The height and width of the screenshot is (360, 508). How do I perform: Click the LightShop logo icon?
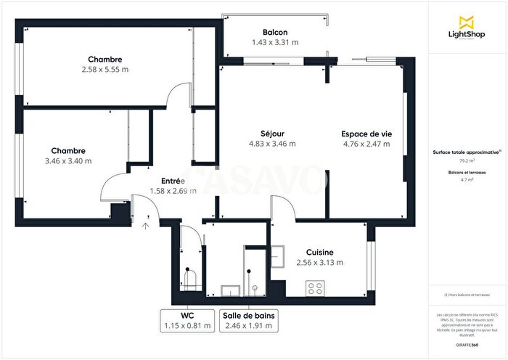[467, 22]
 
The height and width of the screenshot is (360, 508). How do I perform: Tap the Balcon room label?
[275, 32]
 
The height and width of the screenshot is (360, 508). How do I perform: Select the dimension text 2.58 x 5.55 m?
[105, 70]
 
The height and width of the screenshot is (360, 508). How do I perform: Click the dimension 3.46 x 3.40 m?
[68, 161]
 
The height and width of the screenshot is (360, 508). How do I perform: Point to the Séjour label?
[272, 133]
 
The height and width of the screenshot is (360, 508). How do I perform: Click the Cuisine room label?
[319, 252]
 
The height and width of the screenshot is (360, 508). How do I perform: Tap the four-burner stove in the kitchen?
[316, 288]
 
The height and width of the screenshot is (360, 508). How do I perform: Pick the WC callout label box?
[188, 321]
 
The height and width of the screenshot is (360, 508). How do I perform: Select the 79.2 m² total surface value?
[467, 161]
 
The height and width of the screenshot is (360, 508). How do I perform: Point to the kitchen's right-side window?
[370, 261]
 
